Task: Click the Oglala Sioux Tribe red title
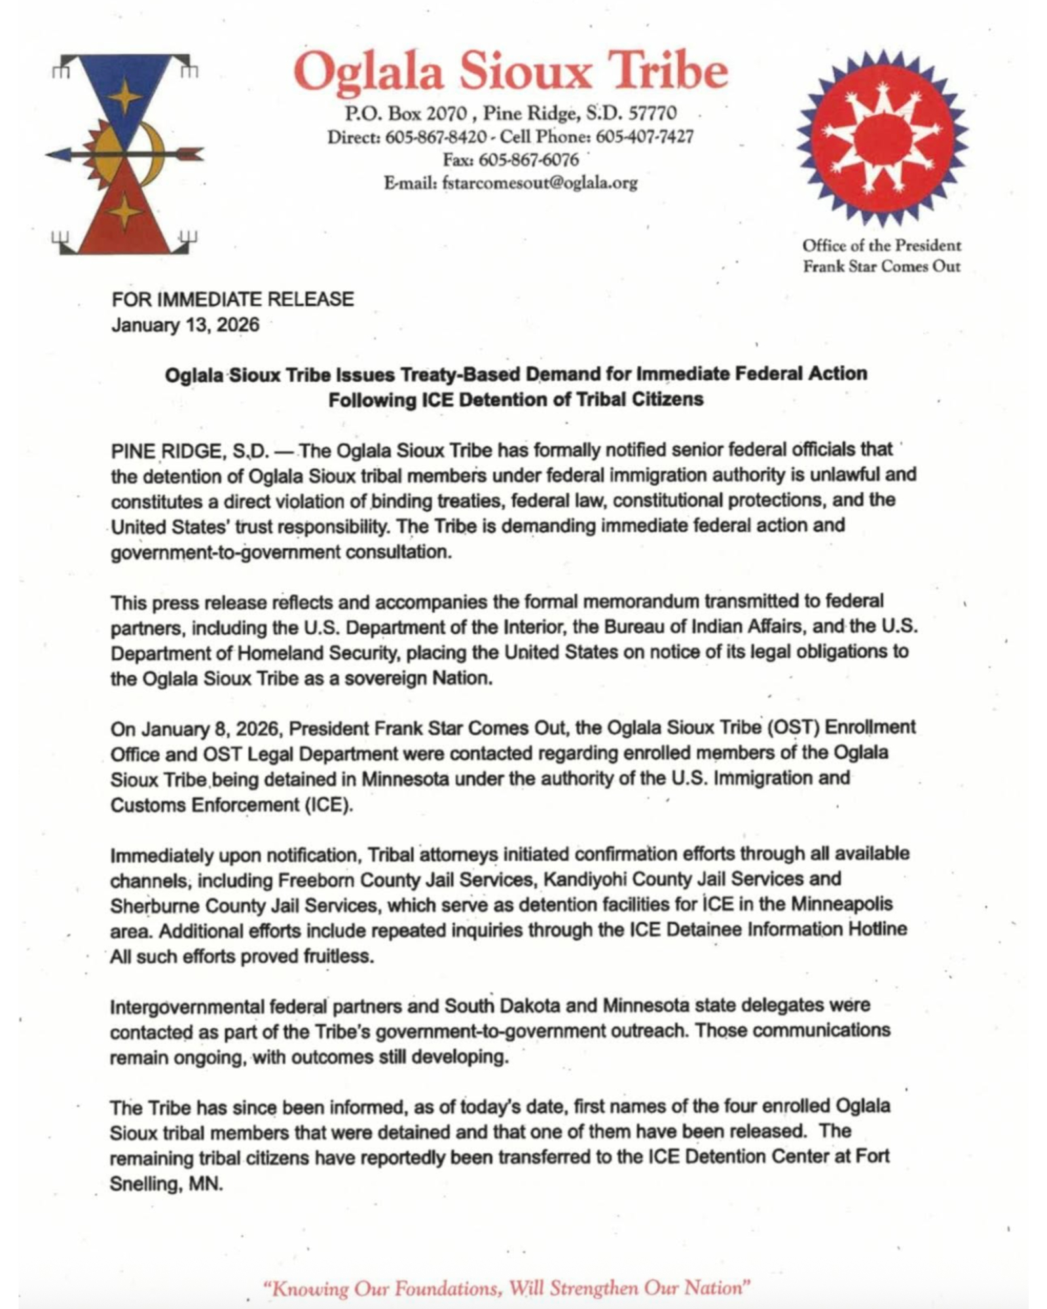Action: pyautogui.click(x=510, y=71)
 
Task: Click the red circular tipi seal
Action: pyautogui.click(x=882, y=138)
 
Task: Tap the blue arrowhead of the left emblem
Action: pyautogui.click(x=58, y=154)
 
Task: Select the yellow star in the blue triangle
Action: pyautogui.click(x=124, y=98)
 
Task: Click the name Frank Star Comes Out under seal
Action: pyautogui.click(x=881, y=266)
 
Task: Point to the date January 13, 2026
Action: pyautogui.click(x=185, y=325)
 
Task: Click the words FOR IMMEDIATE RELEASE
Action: pyautogui.click(x=232, y=299)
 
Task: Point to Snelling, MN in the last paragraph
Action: pyautogui.click(x=166, y=1184)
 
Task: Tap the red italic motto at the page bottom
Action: pyautogui.click(x=505, y=1288)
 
